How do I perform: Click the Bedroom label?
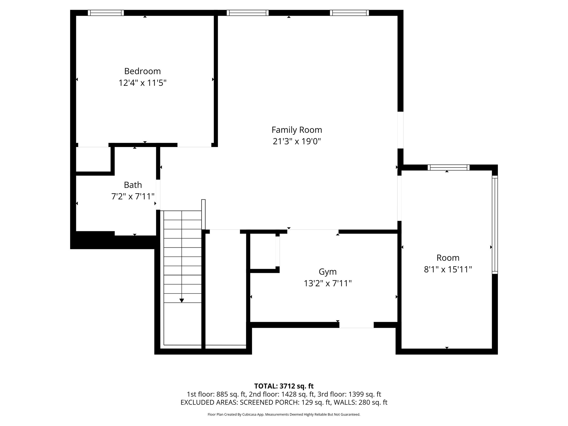tap(142, 71)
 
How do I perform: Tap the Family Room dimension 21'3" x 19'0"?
tap(297, 142)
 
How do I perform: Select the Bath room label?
tap(133, 185)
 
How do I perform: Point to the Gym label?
tap(328, 272)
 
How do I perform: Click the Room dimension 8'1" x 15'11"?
tap(448, 270)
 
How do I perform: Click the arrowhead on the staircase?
tap(182, 300)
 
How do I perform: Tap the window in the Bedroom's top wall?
tap(106, 13)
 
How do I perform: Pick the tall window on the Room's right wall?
tap(495, 225)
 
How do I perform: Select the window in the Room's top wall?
tap(448, 168)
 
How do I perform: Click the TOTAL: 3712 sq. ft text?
tap(284, 386)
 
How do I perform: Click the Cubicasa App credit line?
tap(284, 415)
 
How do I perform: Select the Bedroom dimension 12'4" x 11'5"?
tap(142, 83)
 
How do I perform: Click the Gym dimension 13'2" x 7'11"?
tap(328, 283)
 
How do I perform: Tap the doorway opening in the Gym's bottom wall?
tap(356, 325)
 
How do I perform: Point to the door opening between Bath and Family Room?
tap(158, 195)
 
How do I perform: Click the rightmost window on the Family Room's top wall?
tap(349, 13)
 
